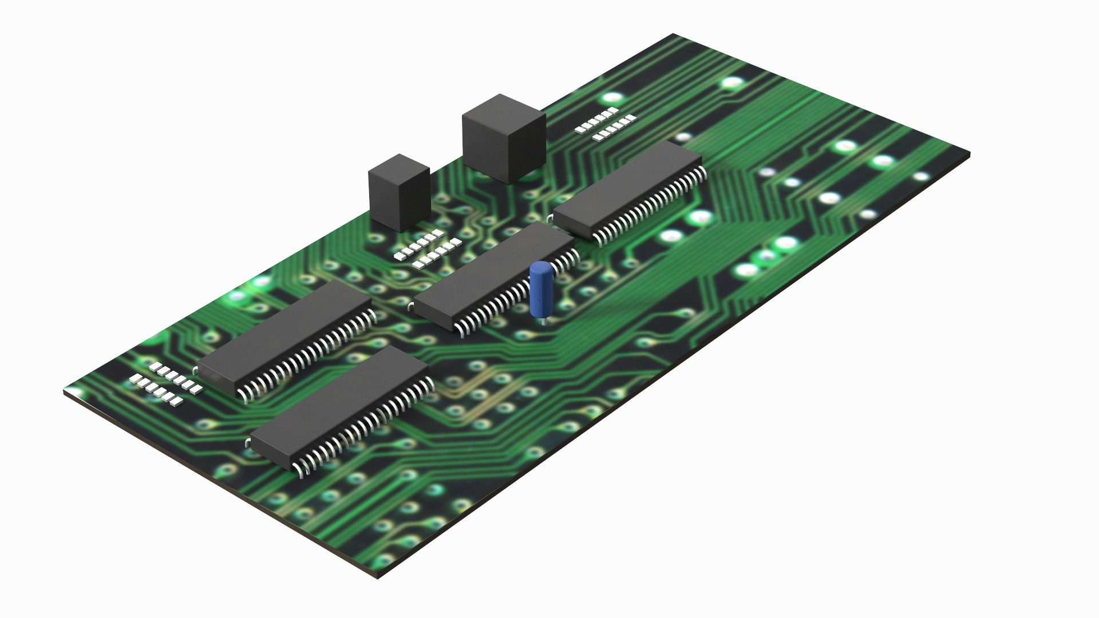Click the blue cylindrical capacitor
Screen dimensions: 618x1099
click(540, 291)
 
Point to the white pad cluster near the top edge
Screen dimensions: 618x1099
click(606, 124)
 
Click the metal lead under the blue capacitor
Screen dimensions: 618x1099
click(543, 322)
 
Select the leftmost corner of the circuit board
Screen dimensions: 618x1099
click(64, 392)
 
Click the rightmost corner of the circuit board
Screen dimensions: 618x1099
click(969, 154)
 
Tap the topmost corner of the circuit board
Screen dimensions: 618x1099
click(673, 34)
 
